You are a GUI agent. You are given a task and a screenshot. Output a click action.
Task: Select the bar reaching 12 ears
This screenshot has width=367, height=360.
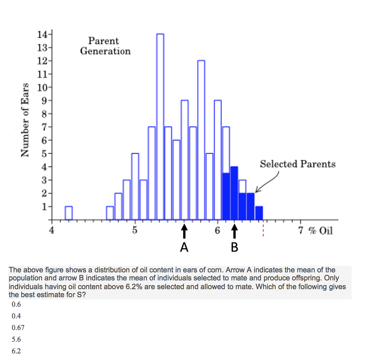201,141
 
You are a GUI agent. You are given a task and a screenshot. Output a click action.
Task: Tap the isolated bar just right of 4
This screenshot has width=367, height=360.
69,213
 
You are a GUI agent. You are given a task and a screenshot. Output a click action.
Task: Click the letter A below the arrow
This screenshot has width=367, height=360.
185,248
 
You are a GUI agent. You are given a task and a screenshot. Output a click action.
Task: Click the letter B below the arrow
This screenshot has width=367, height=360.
234,248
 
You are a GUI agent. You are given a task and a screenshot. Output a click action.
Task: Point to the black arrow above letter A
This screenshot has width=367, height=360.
185,231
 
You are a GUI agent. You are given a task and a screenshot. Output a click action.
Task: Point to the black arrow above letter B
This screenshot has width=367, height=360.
234,231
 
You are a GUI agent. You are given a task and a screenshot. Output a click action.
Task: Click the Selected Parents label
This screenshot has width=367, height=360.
298,164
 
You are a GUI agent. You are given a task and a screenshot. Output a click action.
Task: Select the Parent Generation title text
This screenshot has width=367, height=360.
105,46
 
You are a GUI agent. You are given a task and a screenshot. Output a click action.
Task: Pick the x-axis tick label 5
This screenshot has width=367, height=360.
135,231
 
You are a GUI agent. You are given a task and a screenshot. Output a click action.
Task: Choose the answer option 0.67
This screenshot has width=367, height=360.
18,328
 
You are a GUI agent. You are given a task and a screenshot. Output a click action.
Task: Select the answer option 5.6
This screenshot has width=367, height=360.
16,339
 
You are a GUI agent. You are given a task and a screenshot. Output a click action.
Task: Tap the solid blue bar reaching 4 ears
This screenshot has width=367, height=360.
234,194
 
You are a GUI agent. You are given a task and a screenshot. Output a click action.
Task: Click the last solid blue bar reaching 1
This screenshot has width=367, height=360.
259,213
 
